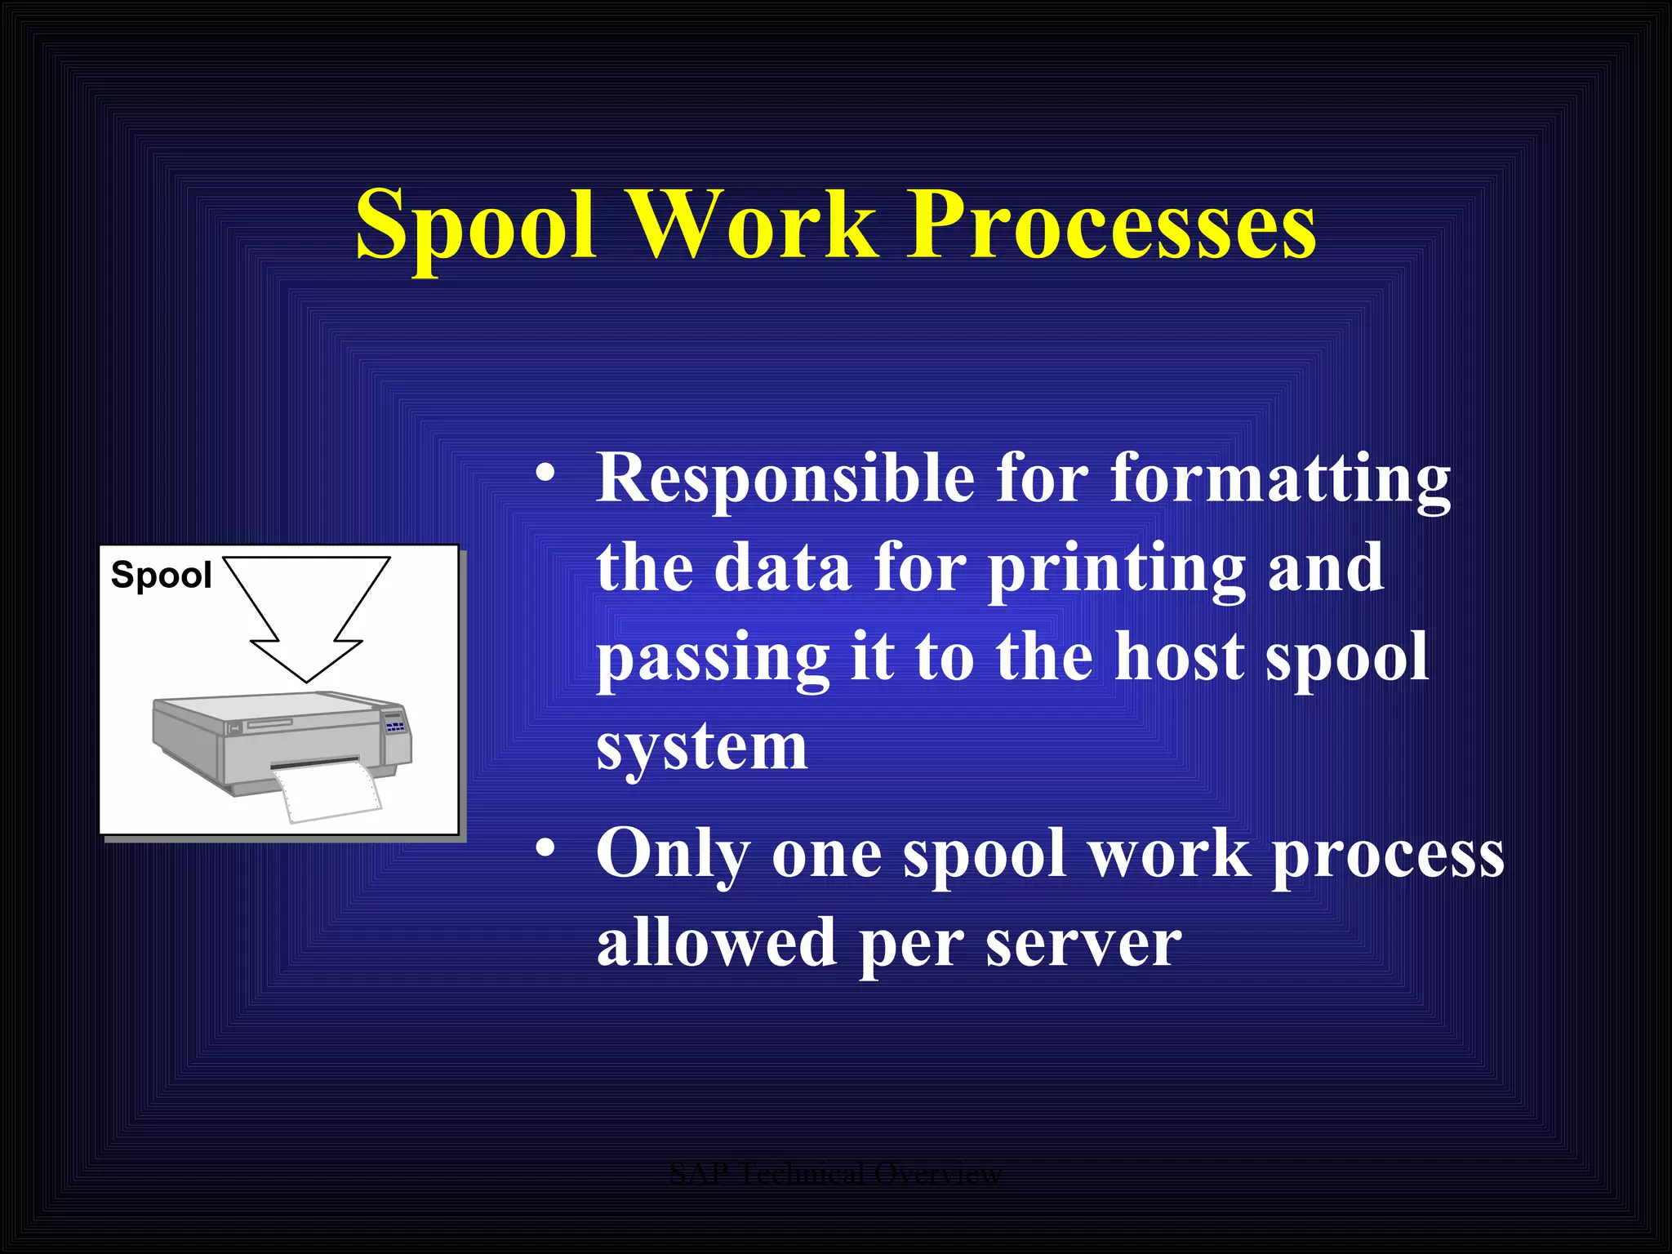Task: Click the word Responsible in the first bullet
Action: click(785, 478)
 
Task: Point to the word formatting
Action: click(1279, 480)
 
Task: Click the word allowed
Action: click(716, 943)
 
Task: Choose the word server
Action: click(1083, 943)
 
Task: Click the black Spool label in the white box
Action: click(161, 575)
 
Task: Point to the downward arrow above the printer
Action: click(307, 612)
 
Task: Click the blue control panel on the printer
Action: click(395, 725)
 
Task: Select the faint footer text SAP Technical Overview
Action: click(835, 1173)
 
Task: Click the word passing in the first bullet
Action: click(713, 658)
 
